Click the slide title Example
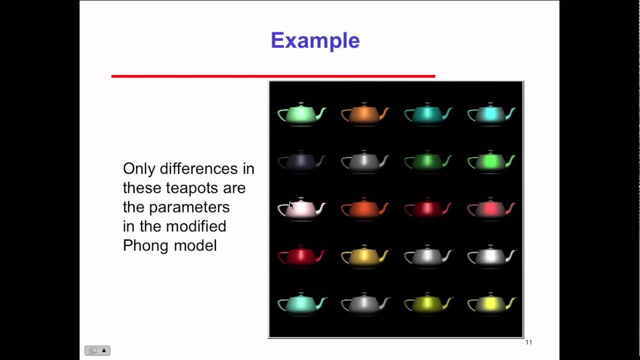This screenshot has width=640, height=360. pos(315,40)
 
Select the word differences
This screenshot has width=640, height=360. pos(199,169)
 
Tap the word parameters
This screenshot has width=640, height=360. pos(189,207)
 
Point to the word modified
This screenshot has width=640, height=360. pos(196,226)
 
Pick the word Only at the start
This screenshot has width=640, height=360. pos(139,169)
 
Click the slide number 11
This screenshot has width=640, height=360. pos(528,342)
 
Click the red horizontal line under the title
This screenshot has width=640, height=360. pos(273,76)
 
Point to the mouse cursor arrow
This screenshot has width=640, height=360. pos(291,205)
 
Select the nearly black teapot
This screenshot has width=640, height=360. pos(301,162)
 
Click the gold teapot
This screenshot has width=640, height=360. pos(364,257)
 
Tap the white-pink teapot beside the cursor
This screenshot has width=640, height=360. pos(303,209)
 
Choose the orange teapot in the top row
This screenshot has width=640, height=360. pos(364,114)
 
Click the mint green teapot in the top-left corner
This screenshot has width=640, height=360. pos(301,114)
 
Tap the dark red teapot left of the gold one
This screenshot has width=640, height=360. pos(301,257)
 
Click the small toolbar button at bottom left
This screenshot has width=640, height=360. pos(97,350)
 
